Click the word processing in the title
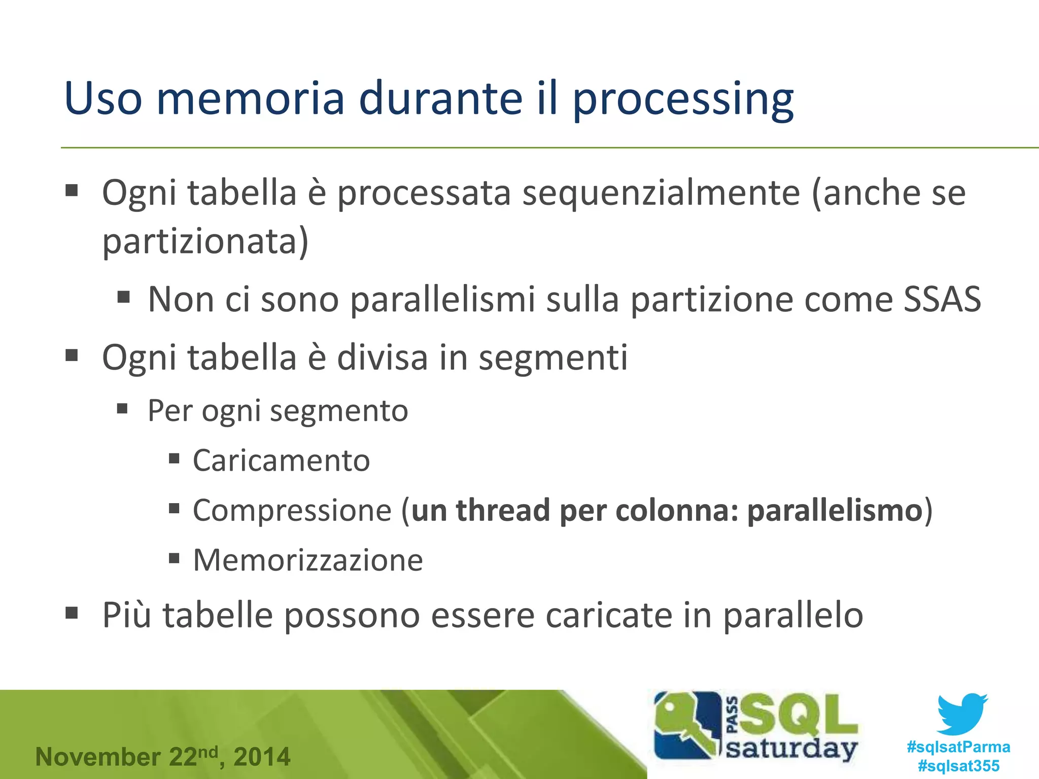tap(682, 99)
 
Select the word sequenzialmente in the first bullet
tap(661, 193)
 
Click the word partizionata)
tap(205, 241)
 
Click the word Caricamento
tap(281, 461)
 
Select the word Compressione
tap(292, 510)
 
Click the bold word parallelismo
tap(835, 510)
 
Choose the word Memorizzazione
tap(308, 560)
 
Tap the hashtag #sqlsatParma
tap(958, 747)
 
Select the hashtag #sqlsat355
tap(958, 766)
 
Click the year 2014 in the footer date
tap(262, 757)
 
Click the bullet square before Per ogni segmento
tap(122, 408)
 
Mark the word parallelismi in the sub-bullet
tap(442, 299)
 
